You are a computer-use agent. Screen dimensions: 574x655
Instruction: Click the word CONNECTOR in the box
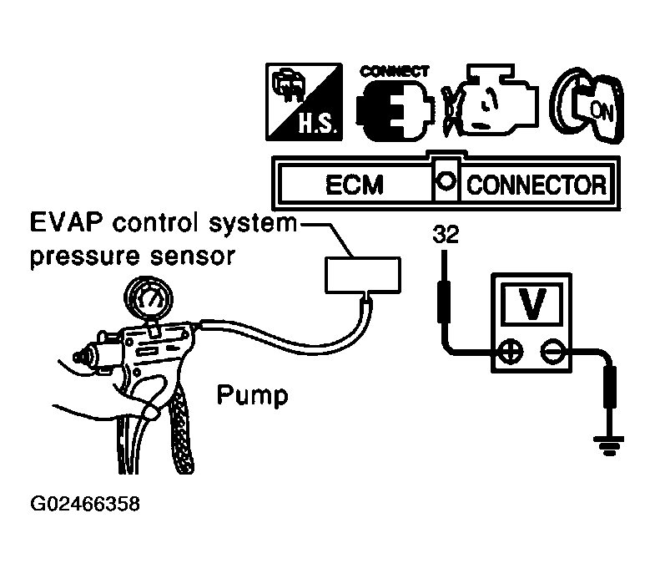pos(534,184)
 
